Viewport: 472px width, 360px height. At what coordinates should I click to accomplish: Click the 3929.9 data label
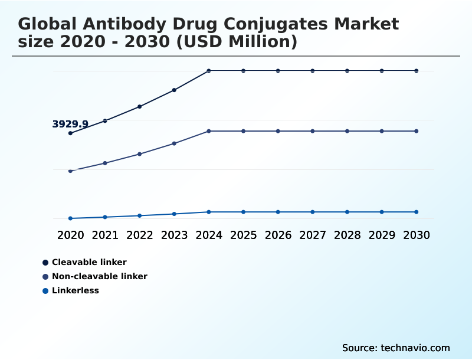coord(70,124)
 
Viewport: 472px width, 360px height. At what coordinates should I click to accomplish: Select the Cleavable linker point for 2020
coord(70,133)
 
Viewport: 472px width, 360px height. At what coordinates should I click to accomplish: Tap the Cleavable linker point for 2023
coord(174,90)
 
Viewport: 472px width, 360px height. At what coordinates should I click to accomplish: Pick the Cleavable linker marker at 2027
coord(313,71)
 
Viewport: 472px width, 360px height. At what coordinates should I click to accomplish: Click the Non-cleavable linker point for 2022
coord(140,154)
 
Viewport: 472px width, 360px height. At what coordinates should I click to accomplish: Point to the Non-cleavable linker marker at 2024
coord(209,131)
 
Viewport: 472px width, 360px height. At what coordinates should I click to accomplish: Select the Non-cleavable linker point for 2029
coord(382,131)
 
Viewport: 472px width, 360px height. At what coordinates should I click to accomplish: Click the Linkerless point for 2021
coord(105,217)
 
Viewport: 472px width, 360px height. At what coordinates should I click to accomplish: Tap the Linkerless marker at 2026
coord(278,212)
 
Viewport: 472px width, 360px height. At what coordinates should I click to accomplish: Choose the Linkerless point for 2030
coord(417,212)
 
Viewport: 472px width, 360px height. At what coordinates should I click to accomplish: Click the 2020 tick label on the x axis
coord(70,235)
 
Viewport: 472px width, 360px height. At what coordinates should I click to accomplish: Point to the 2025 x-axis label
coord(243,235)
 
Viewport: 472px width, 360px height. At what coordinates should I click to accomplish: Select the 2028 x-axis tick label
coord(347,235)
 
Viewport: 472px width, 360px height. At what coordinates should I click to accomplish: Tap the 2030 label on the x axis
coord(417,235)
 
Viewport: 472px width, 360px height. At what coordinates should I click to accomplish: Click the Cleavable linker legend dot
coord(45,262)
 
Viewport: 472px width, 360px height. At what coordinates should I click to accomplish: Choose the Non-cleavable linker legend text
coord(99,276)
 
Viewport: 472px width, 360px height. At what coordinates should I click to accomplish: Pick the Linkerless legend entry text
coord(75,290)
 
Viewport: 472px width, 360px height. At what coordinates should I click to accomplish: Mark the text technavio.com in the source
coord(415,348)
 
